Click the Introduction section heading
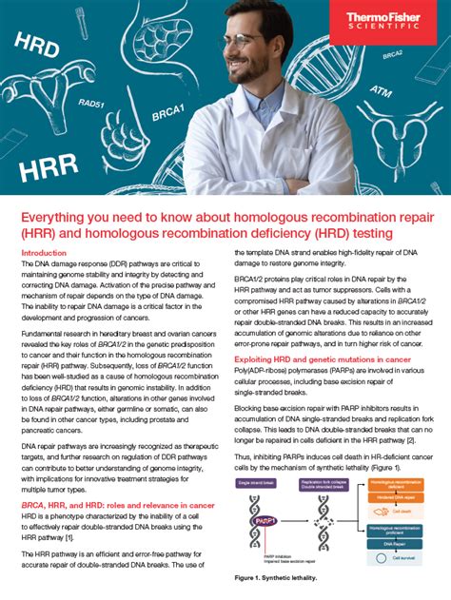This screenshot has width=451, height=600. pyautogui.click(x=44, y=253)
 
